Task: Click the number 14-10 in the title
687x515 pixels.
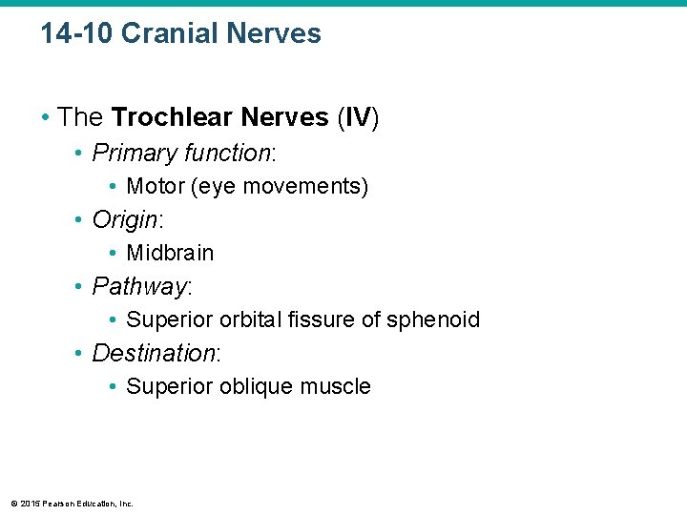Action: click(76, 34)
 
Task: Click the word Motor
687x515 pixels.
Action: click(156, 186)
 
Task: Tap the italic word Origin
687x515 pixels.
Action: click(125, 220)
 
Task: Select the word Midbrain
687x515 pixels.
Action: click(170, 253)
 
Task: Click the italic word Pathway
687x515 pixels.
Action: click(139, 286)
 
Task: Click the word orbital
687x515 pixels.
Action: click(252, 319)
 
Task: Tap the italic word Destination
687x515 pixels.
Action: click(154, 353)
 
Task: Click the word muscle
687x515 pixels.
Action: click(335, 386)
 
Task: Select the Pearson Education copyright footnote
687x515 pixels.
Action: click(72, 503)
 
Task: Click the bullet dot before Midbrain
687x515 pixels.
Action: click(114, 254)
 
